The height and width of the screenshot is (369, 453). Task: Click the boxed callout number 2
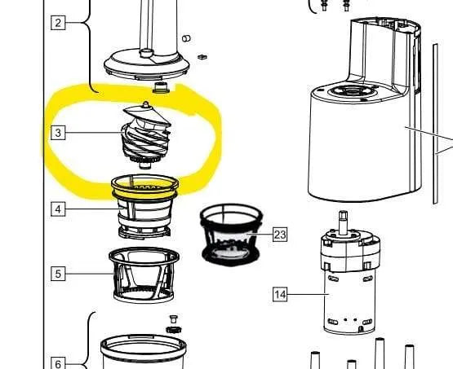pyautogui.click(x=58, y=23)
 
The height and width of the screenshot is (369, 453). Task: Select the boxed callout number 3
pyautogui.click(x=58, y=133)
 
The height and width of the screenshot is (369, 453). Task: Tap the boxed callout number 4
pyautogui.click(x=58, y=209)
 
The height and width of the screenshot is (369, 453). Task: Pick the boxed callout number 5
pyautogui.click(x=58, y=274)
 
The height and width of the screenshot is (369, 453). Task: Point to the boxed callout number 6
pyautogui.click(x=58, y=363)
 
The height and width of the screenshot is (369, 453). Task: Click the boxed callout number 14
pyautogui.click(x=280, y=294)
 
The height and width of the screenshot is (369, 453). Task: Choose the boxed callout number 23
pyautogui.click(x=280, y=235)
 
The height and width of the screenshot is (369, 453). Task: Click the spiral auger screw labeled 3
pyautogui.click(x=146, y=135)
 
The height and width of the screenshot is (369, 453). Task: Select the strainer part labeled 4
pyautogui.click(x=144, y=207)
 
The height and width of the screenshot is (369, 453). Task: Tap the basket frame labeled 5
pyautogui.click(x=144, y=275)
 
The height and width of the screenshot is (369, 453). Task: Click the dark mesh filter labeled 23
pyautogui.click(x=231, y=235)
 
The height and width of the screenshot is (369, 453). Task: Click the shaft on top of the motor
pyautogui.click(x=343, y=222)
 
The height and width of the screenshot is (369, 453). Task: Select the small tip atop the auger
pyautogui.click(x=146, y=104)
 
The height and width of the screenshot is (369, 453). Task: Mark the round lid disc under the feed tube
pyautogui.click(x=146, y=66)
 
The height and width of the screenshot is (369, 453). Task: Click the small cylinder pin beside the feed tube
pyautogui.click(x=186, y=38)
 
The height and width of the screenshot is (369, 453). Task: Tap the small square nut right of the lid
pyautogui.click(x=202, y=57)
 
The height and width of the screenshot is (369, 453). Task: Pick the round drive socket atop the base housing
pyautogui.click(x=351, y=91)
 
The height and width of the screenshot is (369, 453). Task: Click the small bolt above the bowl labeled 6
pyautogui.click(x=173, y=319)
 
